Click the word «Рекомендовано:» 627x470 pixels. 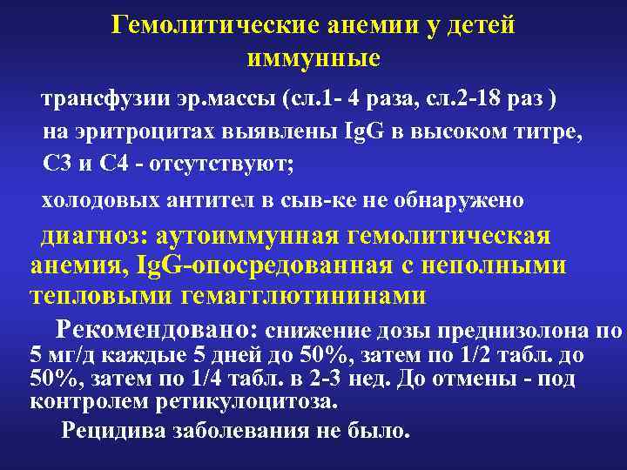coord(157,330)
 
